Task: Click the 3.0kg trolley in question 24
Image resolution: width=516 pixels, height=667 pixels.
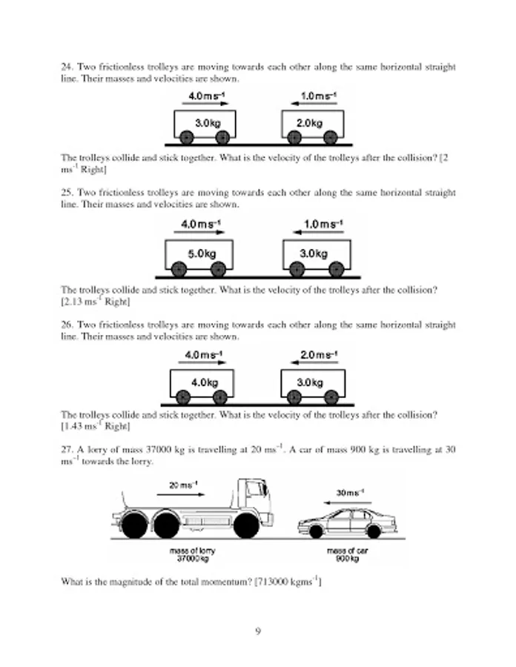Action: pyautogui.click(x=205, y=125)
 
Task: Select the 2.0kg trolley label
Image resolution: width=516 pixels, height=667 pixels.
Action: pyautogui.click(x=312, y=122)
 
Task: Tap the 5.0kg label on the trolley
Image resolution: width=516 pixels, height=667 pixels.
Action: pyautogui.click(x=201, y=253)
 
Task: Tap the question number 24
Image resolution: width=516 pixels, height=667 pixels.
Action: pyautogui.click(x=66, y=67)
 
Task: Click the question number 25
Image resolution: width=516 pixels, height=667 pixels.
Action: pyautogui.click(x=66, y=193)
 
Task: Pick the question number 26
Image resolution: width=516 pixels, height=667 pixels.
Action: pyautogui.click(x=66, y=325)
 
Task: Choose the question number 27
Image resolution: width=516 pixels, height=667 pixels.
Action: pyautogui.click(x=66, y=449)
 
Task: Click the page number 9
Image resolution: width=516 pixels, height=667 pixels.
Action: pyautogui.click(x=257, y=631)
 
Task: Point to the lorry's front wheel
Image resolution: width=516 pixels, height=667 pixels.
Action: pyautogui.click(x=246, y=525)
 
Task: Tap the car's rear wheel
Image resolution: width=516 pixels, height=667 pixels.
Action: pyautogui.click(x=374, y=531)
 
